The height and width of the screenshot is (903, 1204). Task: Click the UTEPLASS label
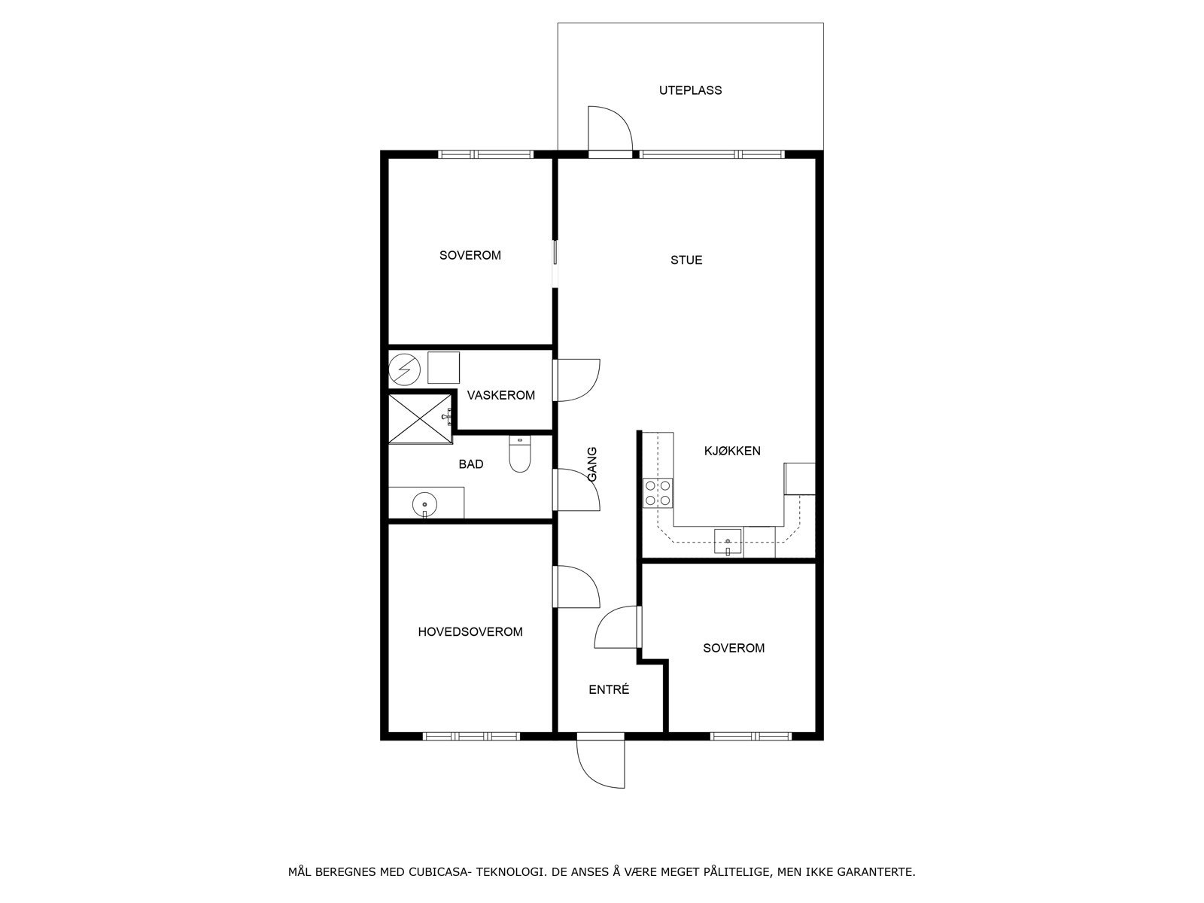point(690,90)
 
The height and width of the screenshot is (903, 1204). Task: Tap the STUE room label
point(686,260)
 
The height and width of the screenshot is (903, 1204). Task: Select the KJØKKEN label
point(732,451)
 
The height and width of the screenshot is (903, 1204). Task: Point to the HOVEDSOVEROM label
point(470,631)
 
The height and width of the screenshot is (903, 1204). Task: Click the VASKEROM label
point(501,395)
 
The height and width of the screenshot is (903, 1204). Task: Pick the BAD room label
point(470,464)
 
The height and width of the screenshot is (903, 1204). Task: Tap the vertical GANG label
point(592,464)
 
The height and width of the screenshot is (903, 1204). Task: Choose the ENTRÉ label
point(609,690)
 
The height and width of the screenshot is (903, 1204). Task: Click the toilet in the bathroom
point(520,454)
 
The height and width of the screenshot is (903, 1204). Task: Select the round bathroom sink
point(424,503)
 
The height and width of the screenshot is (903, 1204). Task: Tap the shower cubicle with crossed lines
point(420,418)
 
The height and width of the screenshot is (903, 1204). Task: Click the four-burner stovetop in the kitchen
point(658,493)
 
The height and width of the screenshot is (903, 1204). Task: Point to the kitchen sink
point(728,543)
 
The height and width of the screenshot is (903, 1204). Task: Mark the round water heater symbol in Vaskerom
point(404,369)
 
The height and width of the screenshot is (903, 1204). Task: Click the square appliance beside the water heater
point(443,367)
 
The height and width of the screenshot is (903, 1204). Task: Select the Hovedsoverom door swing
point(576,587)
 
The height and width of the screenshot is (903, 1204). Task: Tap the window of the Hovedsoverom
point(471,737)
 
